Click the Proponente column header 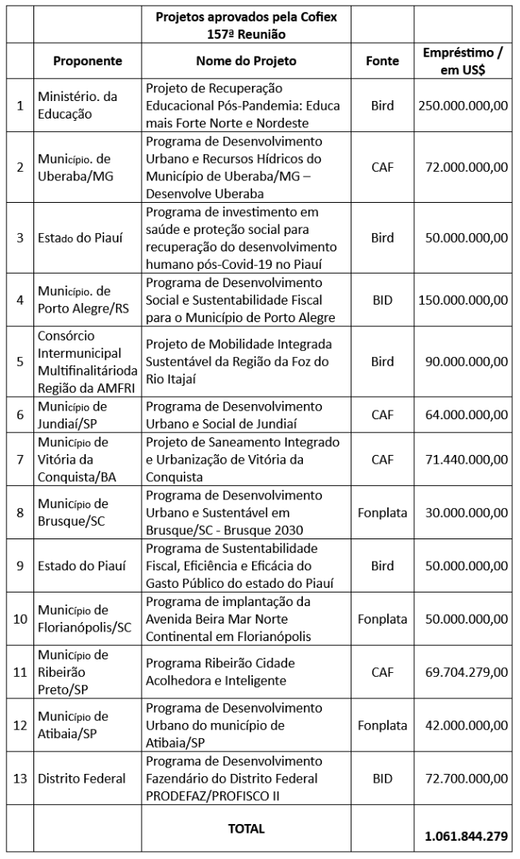pyautogui.click(x=87, y=60)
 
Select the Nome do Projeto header pyautogui.click(x=246, y=60)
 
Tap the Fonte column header pyautogui.click(x=382, y=60)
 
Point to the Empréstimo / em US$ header pyautogui.click(x=462, y=60)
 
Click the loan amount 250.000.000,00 pyautogui.click(x=462, y=105)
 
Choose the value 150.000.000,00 pyautogui.click(x=462, y=299)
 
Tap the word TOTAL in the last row pyautogui.click(x=246, y=828)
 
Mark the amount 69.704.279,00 pyautogui.click(x=462, y=672)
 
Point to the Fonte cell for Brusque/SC pyautogui.click(x=382, y=512)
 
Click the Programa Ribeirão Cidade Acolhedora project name pyautogui.click(x=226, y=672)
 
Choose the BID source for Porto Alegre pyautogui.click(x=382, y=299)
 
